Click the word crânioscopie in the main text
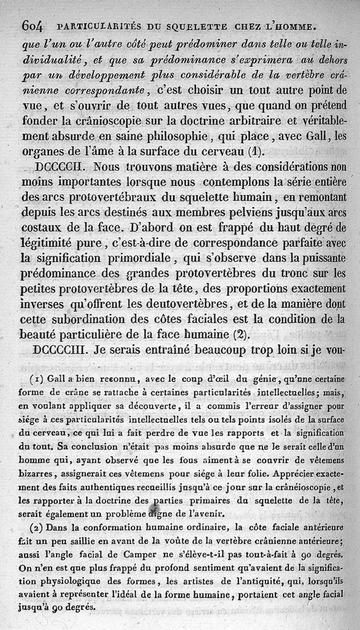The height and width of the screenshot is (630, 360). tap(114, 121)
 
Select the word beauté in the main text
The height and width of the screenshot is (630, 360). tap(40, 335)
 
